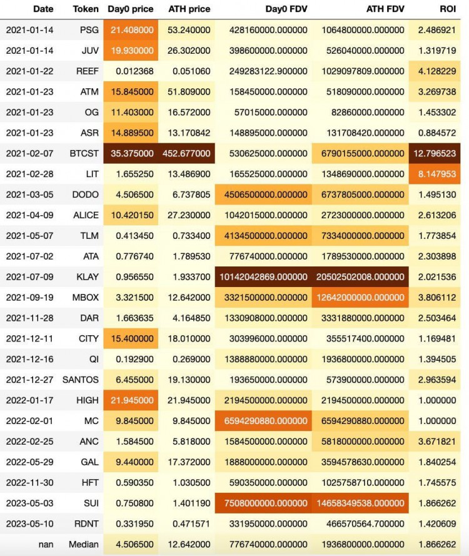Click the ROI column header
pos(448,9)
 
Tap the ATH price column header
pos(189,9)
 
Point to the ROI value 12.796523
pos(439,153)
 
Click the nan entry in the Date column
pos(46,544)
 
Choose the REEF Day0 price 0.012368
pos(133,71)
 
